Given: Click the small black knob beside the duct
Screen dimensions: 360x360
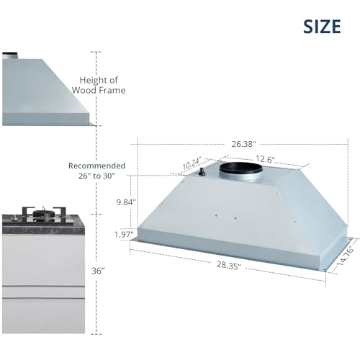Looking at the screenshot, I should click(x=202, y=172).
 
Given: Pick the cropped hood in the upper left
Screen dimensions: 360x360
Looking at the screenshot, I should click(x=43, y=90).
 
